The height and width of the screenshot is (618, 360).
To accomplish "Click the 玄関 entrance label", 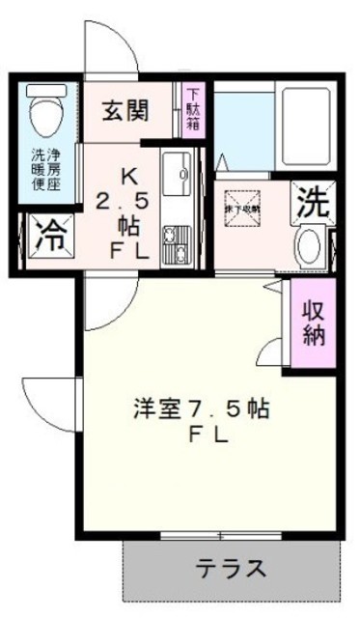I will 126,110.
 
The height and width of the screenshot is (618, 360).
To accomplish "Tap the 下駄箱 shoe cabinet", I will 193,109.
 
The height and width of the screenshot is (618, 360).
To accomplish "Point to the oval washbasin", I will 309,245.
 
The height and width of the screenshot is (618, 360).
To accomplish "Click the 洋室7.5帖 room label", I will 200,408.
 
